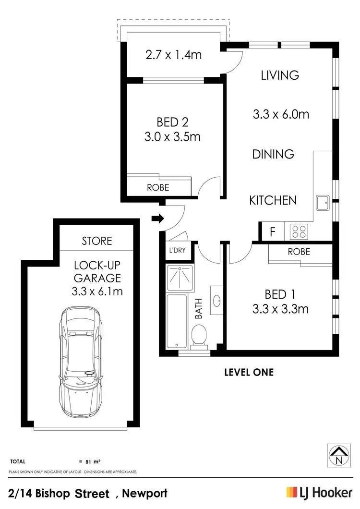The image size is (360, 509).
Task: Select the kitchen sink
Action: tap(322, 202)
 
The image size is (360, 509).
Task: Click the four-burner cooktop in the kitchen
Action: tap(298, 232)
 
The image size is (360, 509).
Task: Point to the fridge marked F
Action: tap(272, 232)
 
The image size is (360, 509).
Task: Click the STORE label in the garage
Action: tap(97, 241)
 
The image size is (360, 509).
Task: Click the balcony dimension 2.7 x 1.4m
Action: tap(173, 55)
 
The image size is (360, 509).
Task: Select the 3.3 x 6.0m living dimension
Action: tap(281, 114)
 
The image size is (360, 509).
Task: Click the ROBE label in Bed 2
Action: tap(158, 187)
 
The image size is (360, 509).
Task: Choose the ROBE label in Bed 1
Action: tap(299, 251)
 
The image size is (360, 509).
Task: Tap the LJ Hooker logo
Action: tap(318, 492)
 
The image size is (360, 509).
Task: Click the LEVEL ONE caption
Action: tap(249, 372)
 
